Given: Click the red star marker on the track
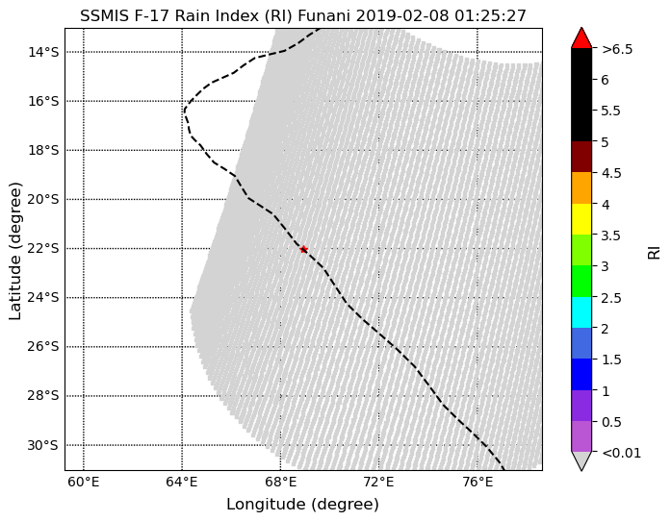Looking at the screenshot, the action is pyautogui.click(x=303, y=249).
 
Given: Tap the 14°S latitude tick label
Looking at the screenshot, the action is pyautogui.click(x=43, y=52).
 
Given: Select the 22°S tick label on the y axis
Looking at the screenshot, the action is pyautogui.click(x=42, y=249).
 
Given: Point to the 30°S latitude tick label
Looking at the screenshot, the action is pyautogui.click(x=42, y=445).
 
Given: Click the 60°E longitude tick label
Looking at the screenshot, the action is pyautogui.click(x=84, y=483).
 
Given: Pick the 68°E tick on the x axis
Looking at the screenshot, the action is pyautogui.click(x=281, y=483).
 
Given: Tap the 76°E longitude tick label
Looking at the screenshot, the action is pyautogui.click(x=477, y=483).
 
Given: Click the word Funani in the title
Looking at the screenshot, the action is pyautogui.click(x=323, y=15).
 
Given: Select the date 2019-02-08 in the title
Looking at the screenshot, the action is pyautogui.click(x=402, y=15).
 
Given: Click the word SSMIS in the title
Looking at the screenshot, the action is pyautogui.click(x=101, y=15).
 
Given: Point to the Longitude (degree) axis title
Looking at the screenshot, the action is pyautogui.click(x=302, y=505).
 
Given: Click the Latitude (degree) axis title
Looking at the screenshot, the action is pyautogui.click(x=15, y=251).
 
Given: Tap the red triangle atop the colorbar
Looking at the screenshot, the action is pyautogui.click(x=581, y=38).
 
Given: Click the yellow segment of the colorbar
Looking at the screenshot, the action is pyautogui.click(x=581, y=219).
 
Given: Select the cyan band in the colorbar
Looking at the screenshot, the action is pyautogui.click(x=581, y=312).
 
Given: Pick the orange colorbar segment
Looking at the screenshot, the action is pyautogui.click(x=581, y=188).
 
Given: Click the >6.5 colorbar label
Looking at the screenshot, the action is pyautogui.click(x=617, y=50).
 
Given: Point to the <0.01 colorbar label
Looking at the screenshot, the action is pyautogui.click(x=621, y=453).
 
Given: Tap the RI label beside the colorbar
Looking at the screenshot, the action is pyautogui.click(x=655, y=251).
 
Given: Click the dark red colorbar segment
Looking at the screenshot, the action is pyautogui.click(x=581, y=157).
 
